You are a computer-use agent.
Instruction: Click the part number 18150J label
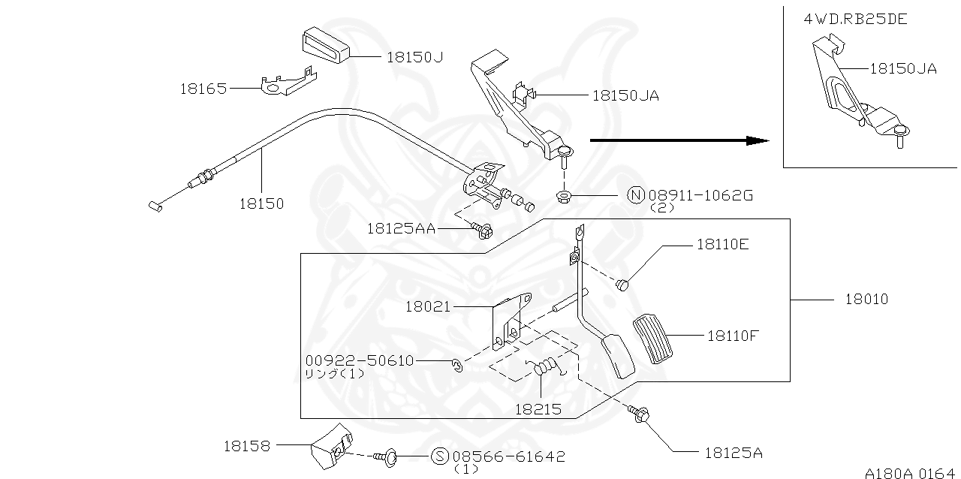pos(414,56)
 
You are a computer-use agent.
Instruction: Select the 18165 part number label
pos(203,89)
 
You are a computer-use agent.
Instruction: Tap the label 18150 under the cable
pos(261,203)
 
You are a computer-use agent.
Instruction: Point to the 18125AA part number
pos(401,228)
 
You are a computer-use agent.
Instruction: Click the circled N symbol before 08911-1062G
pos(635,196)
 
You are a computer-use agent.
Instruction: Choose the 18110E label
pos(722,244)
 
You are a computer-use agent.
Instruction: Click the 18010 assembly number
pos(866,300)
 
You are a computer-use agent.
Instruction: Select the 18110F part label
pos(733,336)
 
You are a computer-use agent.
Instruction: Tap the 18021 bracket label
pos(428,306)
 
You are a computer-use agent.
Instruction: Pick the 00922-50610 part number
pos(360,360)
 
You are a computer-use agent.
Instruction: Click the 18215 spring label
pos(537,409)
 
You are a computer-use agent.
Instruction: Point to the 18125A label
pos(733,453)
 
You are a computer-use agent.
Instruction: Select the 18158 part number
pos(246,445)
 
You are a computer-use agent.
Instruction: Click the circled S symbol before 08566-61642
pos(440,456)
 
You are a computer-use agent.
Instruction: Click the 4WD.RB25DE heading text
pos(855,19)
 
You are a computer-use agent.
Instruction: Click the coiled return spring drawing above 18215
pos(546,366)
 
